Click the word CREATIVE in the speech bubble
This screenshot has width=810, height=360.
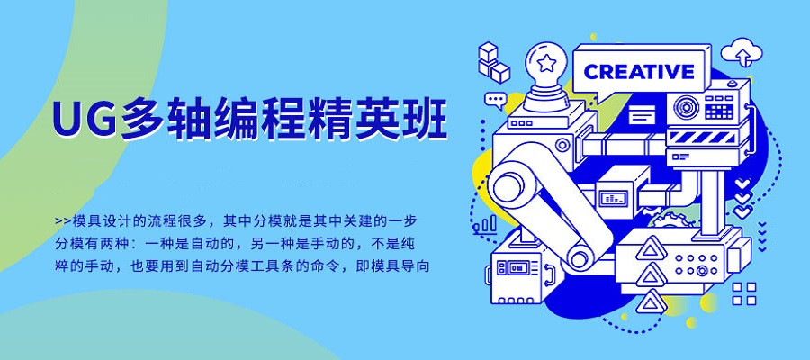click(x=639, y=72)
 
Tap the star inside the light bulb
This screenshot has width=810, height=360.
click(x=547, y=64)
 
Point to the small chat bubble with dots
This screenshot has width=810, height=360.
click(x=495, y=99)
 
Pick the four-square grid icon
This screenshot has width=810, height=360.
click(x=744, y=292)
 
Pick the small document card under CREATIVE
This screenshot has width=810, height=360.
click(x=642, y=114)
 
